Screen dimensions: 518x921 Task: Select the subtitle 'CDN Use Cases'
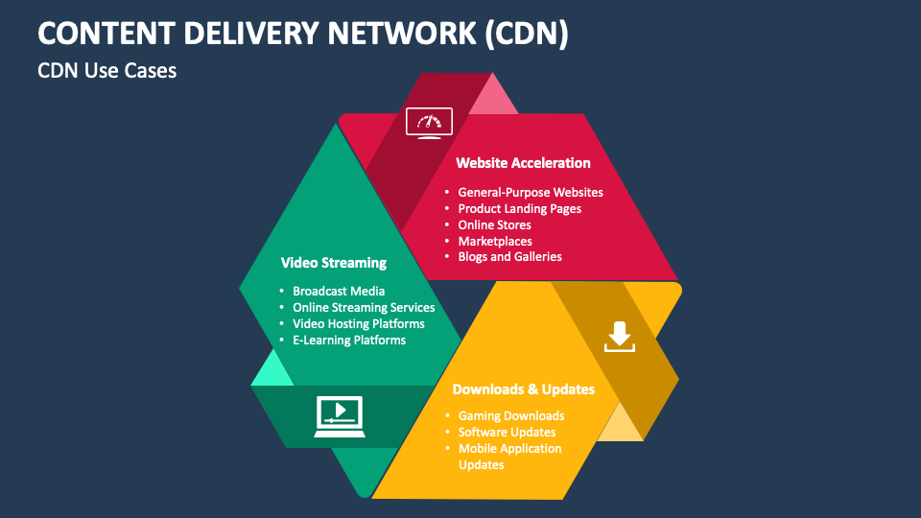point(107,70)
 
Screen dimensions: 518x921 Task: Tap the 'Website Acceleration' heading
point(523,163)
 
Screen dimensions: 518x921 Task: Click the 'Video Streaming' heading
point(333,263)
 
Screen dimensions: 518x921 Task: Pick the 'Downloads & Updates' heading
point(523,389)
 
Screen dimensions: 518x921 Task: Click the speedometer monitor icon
point(429,124)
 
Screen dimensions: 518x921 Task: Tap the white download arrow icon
point(619,337)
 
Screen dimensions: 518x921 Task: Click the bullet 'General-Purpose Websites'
point(531,193)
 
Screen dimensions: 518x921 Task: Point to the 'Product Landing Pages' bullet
point(519,209)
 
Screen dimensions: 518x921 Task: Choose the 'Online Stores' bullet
point(494,225)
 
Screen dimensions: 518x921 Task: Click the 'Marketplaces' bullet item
point(494,242)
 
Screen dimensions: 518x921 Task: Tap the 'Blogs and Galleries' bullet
point(509,257)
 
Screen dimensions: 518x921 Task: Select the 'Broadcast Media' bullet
point(339,292)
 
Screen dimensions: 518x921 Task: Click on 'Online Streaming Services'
point(364,308)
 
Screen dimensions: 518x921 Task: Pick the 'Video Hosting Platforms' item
point(358,324)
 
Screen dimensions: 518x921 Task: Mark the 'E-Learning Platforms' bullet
point(349,341)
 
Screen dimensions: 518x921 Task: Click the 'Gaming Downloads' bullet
point(510,416)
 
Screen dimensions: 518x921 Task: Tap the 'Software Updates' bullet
point(507,433)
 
